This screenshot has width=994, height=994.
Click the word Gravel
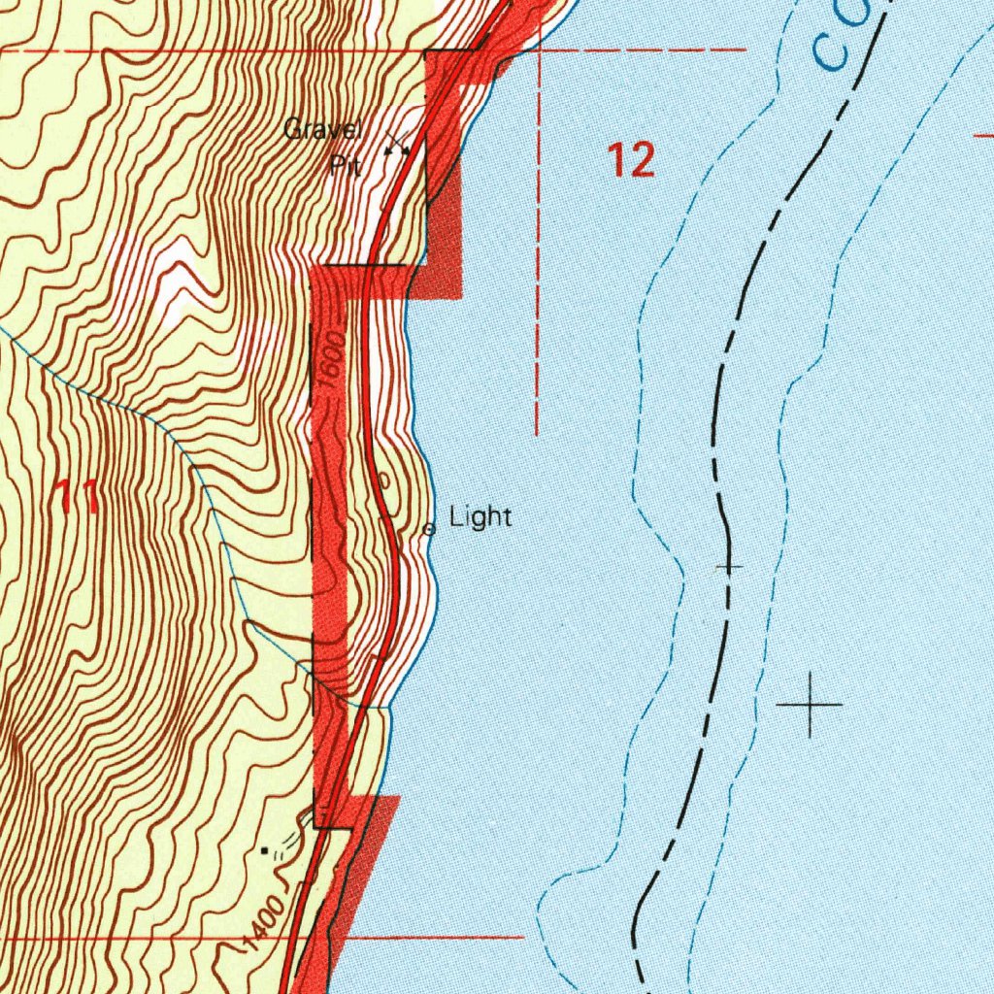(x=322, y=129)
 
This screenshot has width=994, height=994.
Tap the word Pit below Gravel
(x=345, y=165)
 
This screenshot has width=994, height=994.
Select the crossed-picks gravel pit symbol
(x=396, y=147)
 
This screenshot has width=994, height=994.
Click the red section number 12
(x=631, y=159)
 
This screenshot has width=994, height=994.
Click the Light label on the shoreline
(x=480, y=517)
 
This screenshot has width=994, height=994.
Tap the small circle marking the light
(x=429, y=529)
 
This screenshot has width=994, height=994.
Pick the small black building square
(x=265, y=850)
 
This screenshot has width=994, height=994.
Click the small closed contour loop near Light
(x=383, y=480)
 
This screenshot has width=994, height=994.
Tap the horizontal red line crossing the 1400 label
(x=437, y=938)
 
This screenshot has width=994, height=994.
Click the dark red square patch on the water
(x=444, y=243)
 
